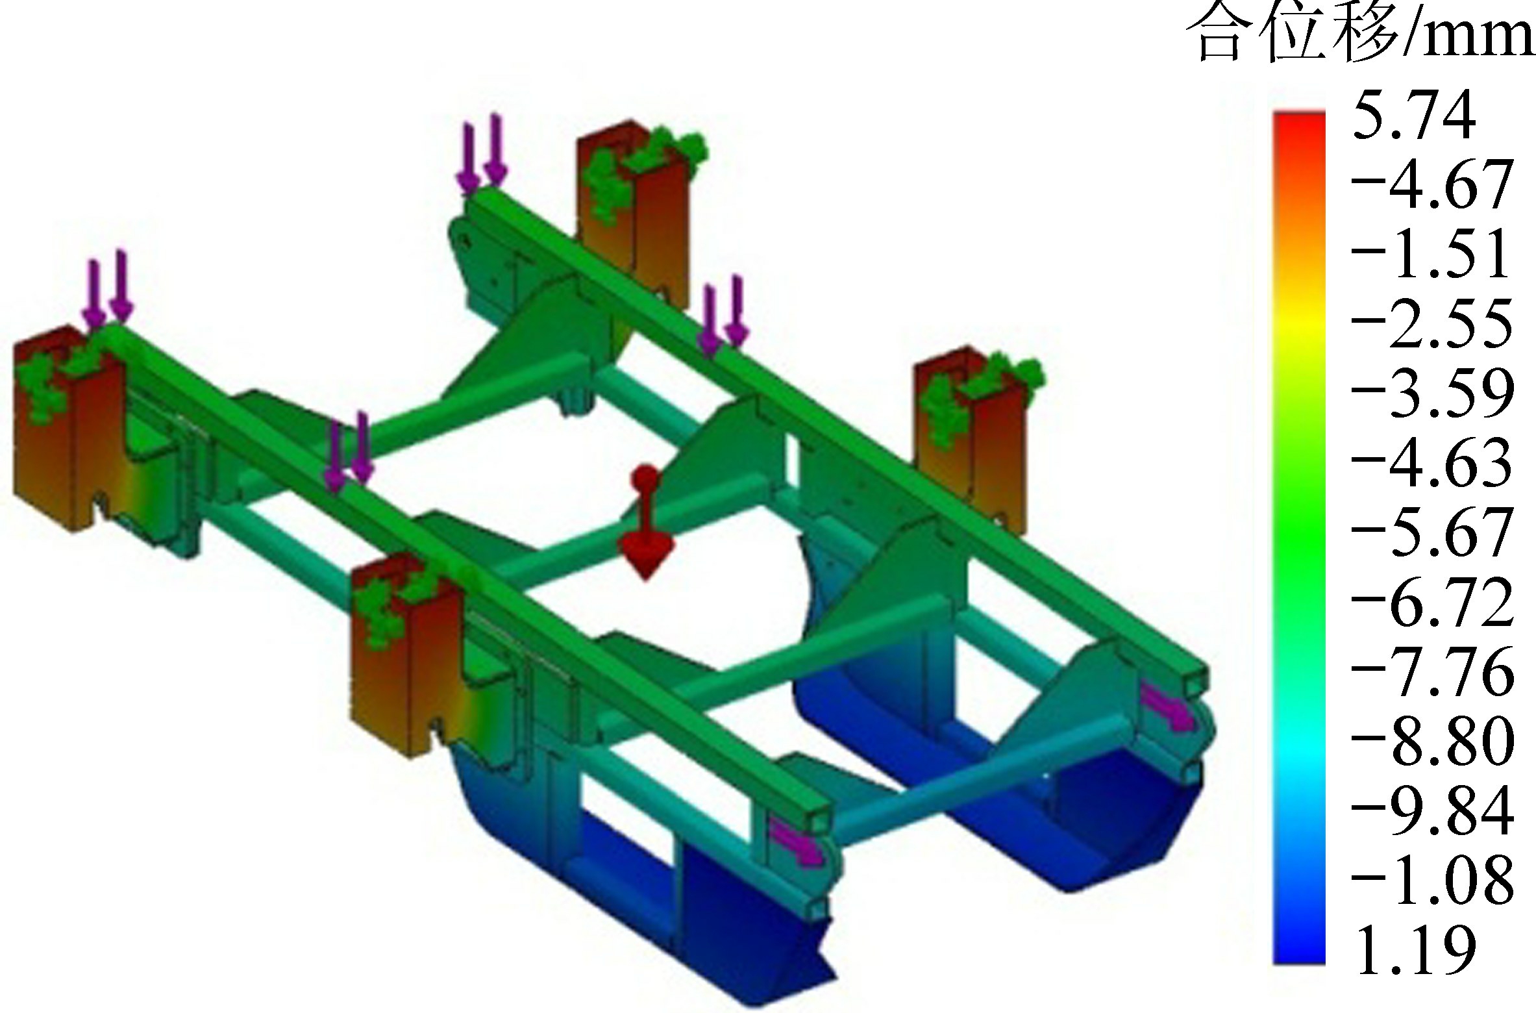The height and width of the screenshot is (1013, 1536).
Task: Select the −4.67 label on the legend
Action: (x=1432, y=186)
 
